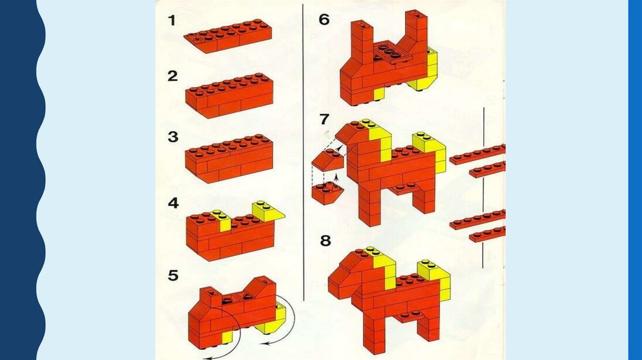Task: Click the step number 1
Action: (x=172, y=20)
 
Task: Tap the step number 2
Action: (x=173, y=76)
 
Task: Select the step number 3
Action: (x=173, y=137)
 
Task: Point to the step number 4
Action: (x=174, y=203)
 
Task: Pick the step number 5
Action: (x=173, y=275)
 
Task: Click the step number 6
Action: (x=324, y=19)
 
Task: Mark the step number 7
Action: (x=324, y=119)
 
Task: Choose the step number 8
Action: (x=325, y=240)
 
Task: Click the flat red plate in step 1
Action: (x=228, y=36)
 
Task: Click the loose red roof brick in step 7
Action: (x=327, y=160)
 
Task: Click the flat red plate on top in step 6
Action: (x=388, y=52)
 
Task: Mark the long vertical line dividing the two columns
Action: (x=303, y=152)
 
